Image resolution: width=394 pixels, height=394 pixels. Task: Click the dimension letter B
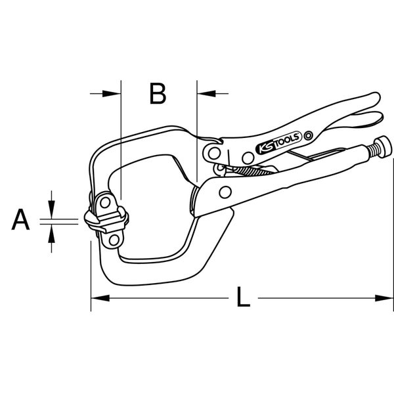tap(158, 94)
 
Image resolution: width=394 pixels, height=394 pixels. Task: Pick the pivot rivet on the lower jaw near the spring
tap(225, 192)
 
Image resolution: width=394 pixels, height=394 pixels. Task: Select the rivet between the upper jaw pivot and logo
tap(246, 156)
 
